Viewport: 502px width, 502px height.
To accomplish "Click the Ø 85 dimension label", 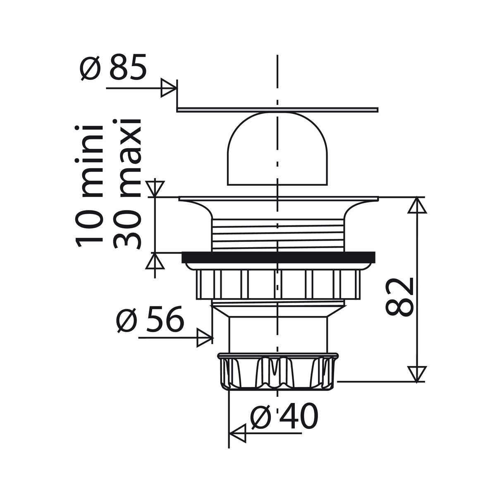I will pyautogui.click(x=113, y=67).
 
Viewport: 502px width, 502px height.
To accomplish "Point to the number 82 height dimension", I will pyautogui.click(x=400, y=296).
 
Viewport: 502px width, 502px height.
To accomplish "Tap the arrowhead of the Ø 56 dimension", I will pyautogui.click(x=204, y=338).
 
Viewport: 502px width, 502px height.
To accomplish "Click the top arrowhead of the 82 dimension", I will pyautogui.click(x=417, y=205).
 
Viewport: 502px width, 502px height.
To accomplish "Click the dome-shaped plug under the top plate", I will pyautogui.click(x=277, y=149).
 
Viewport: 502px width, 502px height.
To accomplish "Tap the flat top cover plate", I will pyautogui.click(x=277, y=110).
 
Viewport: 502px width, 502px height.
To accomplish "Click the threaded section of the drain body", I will pyautogui.click(x=277, y=234).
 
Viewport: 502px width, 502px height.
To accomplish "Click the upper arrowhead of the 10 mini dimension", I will pyautogui.click(x=155, y=188).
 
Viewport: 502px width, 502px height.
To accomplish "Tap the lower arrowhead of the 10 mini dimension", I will pyautogui.click(x=155, y=261).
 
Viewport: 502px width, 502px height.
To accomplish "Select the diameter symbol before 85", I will pyautogui.click(x=90, y=68).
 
